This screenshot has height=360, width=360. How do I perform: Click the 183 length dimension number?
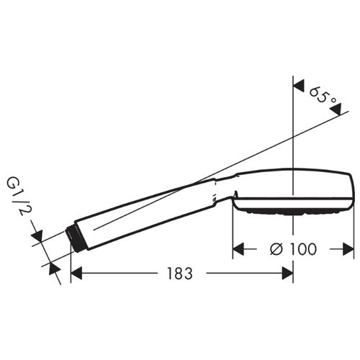(180, 274)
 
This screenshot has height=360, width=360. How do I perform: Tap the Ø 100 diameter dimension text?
(293, 249)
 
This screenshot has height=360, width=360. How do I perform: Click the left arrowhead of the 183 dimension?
(76, 273)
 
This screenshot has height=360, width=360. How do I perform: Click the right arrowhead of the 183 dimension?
(287, 273)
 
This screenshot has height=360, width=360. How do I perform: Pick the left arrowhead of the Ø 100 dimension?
(238, 249)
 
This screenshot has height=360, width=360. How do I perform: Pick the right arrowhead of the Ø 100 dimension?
(348, 249)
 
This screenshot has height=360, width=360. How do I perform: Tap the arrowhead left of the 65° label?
(299, 86)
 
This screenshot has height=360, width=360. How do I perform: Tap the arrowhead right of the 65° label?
(336, 109)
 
